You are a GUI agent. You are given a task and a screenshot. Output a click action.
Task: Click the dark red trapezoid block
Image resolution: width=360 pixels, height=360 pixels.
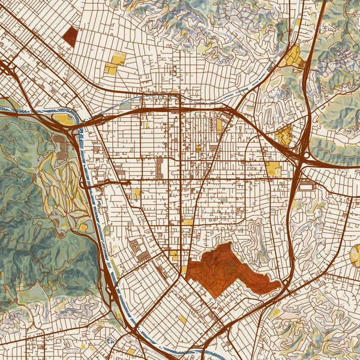point(70,37)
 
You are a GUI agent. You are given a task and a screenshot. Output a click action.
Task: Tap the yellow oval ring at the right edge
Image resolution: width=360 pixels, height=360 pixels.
point(355,256)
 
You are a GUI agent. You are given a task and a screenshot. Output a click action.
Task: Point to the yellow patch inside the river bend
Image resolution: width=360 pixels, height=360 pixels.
point(63,119)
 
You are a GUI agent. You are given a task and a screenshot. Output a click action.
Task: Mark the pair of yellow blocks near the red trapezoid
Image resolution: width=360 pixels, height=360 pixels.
point(115,64)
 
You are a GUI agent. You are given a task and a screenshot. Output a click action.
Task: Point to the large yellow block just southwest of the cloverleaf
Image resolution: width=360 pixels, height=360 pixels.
point(274,170)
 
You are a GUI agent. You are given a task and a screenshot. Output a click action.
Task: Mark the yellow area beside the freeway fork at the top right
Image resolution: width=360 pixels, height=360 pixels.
point(292,57)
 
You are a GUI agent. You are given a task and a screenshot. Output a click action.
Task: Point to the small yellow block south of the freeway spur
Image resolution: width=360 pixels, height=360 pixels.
point(137,193)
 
